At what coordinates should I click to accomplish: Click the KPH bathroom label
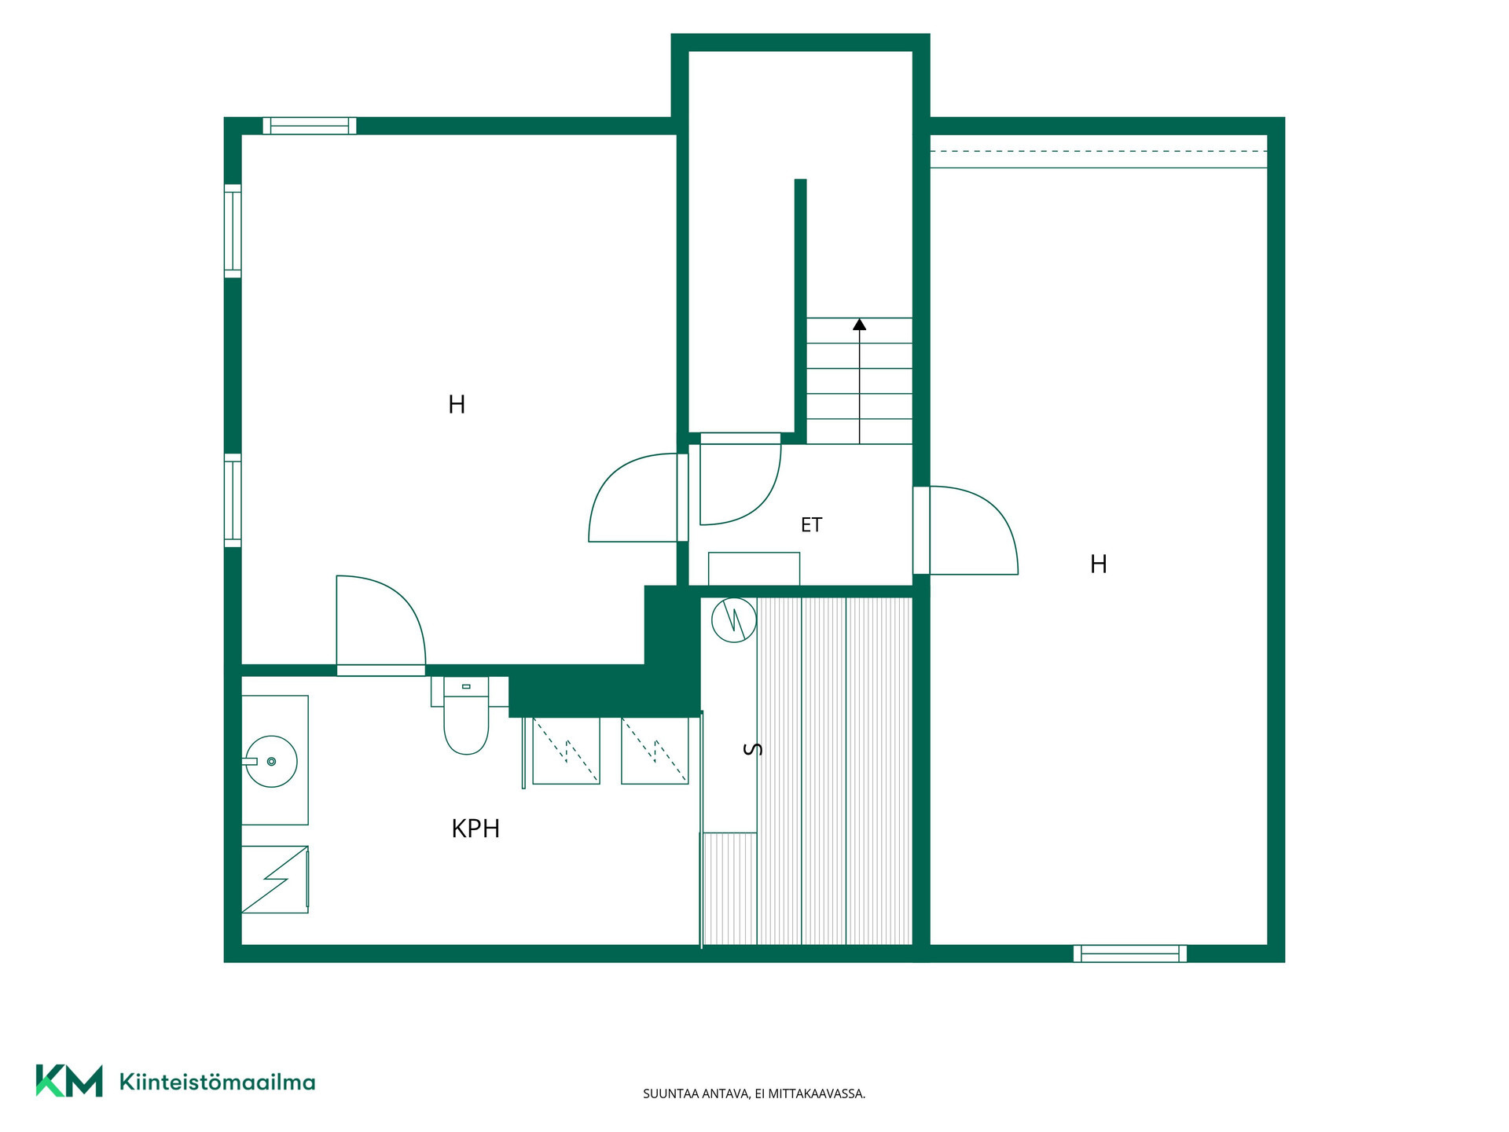(x=475, y=829)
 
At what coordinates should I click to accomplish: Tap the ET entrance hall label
(x=811, y=525)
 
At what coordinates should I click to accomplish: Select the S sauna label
(x=752, y=749)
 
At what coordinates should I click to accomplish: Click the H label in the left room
(x=457, y=405)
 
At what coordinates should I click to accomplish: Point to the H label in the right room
(x=1099, y=564)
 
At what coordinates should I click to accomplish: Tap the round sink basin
(x=271, y=762)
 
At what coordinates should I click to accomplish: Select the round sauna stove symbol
(x=734, y=620)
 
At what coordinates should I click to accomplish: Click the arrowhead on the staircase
(x=860, y=324)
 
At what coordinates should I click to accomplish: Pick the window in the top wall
(x=310, y=126)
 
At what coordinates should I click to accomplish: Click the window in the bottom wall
(x=1130, y=954)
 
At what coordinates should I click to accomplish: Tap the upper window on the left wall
(x=233, y=231)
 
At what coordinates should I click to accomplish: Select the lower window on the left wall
(x=233, y=500)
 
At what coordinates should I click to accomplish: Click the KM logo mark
(x=69, y=1081)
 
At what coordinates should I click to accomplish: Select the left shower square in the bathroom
(x=566, y=751)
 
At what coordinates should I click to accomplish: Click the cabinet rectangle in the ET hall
(x=754, y=569)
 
